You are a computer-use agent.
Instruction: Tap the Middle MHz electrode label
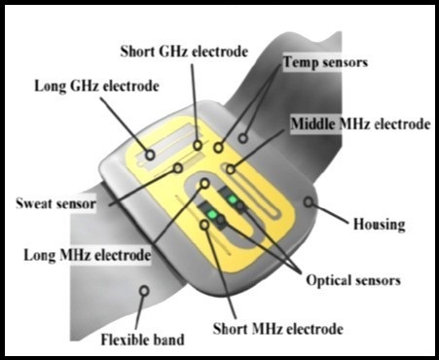coord(360,126)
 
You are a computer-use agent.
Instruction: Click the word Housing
coord(379,225)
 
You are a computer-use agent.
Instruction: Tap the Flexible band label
coord(144,341)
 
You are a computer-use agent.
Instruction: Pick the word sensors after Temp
coord(343,61)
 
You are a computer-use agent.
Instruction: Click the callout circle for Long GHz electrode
coord(149,154)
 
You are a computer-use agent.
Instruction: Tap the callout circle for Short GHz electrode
coord(198,146)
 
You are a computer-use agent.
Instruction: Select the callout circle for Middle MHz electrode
coord(231,169)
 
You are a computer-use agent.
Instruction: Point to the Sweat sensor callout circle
coord(178,168)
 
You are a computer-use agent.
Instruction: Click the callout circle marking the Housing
coord(310,202)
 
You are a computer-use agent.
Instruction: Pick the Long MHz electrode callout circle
coord(205,184)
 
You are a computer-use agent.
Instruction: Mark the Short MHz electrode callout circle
coord(204,226)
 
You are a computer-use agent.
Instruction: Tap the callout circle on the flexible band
coord(145,289)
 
